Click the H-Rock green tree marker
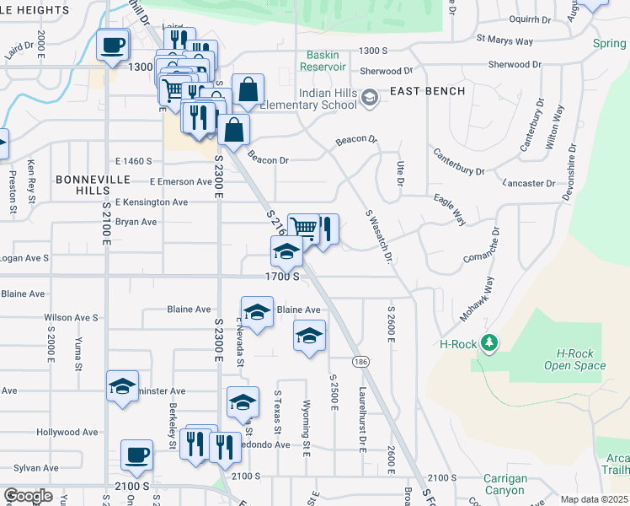(488, 343)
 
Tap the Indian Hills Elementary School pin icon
(368, 100)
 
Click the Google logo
(28, 496)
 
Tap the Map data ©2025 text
(594, 499)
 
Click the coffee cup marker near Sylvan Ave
(136, 455)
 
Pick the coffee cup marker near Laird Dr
(112, 45)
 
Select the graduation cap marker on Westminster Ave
(123, 386)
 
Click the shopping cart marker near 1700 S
(303, 228)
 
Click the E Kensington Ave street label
(152, 202)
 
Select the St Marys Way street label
(505, 38)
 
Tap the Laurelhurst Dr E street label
(361, 419)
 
